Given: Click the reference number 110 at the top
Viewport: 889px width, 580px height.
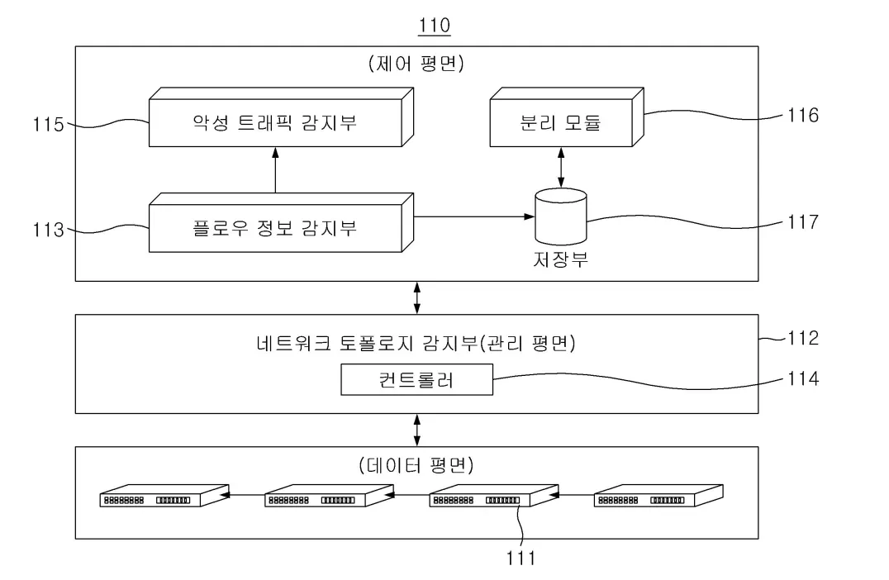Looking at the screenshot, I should click(435, 26).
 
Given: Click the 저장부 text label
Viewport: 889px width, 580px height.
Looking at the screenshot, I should click(561, 259).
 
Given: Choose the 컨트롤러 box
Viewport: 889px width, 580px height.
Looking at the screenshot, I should click(416, 382).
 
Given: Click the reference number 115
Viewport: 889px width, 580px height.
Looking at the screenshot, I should click(48, 126).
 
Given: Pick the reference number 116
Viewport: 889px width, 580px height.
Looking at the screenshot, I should click(801, 115).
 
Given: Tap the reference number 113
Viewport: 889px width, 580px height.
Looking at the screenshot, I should click(48, 230).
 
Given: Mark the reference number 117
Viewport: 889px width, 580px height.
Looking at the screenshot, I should click(801, 221).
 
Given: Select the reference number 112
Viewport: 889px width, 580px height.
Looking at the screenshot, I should click(801, 337).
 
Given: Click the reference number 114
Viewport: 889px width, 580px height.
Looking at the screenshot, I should click(801, 378).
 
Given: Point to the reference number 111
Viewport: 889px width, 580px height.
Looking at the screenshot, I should click(521, 559).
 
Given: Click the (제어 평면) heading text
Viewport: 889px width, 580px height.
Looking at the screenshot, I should click(416, 64).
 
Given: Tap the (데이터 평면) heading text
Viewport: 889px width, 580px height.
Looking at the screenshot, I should click(416, 465).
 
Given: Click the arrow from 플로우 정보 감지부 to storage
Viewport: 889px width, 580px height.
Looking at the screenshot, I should click(471, 217).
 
